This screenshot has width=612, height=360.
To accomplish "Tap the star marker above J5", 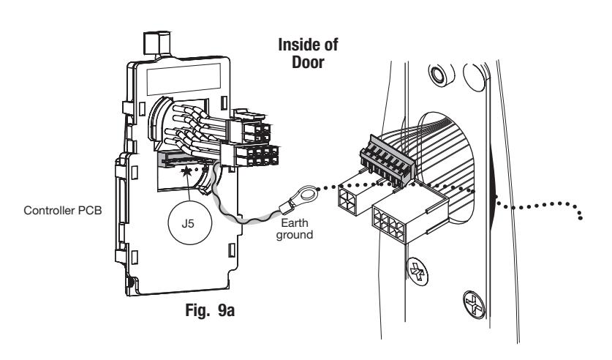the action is (186, 170).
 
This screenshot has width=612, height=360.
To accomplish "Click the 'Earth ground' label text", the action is (295, 229).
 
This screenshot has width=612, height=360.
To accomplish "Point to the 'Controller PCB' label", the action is (62, 211).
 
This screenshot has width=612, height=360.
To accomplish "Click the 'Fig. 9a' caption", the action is (210, 310).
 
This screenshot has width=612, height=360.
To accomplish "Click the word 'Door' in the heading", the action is (308, 62).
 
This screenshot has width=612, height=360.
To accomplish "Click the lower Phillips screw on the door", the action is (475, 304).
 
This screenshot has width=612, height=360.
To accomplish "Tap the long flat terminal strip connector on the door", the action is (386, 160).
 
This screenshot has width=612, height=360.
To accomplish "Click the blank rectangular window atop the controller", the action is (184, 79).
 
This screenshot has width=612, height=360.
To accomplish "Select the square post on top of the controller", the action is (157, 43).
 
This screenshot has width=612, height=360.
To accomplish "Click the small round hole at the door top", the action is (439, 74).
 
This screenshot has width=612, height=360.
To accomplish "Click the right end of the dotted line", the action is (581, 217).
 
